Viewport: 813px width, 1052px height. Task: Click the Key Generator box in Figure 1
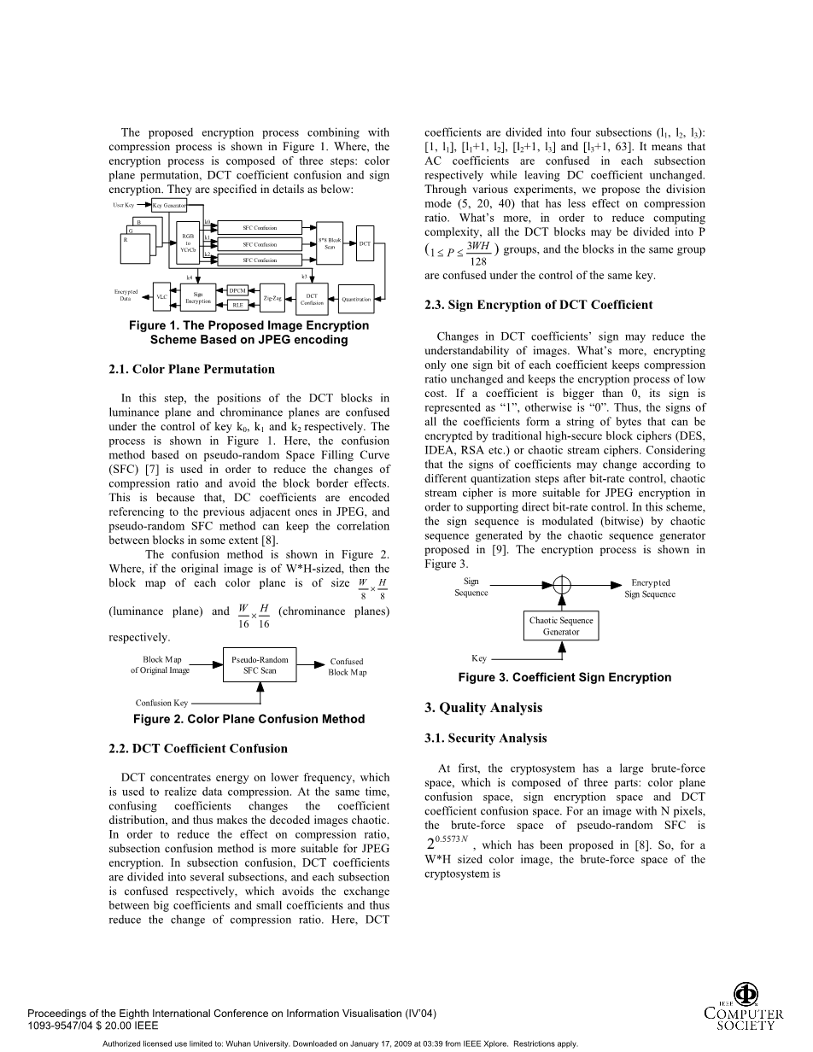[168, 206]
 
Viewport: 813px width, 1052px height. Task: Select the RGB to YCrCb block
[189, 243]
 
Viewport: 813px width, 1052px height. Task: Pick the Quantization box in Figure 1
[356, 299]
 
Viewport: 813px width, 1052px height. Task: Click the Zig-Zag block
[272, 298]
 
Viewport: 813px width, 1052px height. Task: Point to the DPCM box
[237, 291]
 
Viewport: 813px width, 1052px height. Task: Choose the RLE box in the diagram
[237, 305]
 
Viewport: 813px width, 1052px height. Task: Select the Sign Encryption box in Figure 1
[197, 298]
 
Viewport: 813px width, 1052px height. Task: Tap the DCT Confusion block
[312, 298]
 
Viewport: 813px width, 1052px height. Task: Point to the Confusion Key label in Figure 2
[161, 703]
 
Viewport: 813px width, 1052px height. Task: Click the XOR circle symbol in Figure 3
[561, 585]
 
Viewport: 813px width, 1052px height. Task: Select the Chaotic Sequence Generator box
[561, 626]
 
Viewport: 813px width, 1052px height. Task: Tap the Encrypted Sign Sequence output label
[650, 588]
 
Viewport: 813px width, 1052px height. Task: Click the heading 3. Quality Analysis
[483, 707]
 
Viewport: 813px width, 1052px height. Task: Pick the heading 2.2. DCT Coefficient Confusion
[198, 748]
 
